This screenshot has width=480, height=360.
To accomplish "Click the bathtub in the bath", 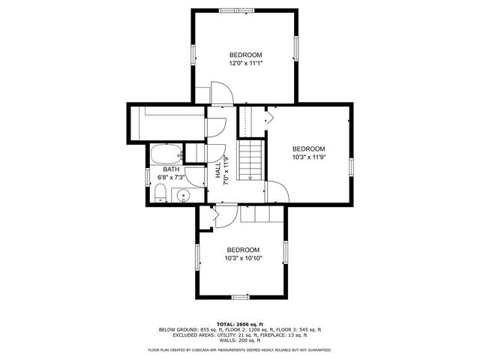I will [166, 154].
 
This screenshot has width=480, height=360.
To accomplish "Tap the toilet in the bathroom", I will [160, 195].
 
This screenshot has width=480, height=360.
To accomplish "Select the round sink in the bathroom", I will [184, 196].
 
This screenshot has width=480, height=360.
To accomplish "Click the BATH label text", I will [171, 169].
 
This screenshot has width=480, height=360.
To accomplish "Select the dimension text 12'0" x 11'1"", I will [245, 64].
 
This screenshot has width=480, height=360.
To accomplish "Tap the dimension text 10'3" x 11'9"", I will [308, 157].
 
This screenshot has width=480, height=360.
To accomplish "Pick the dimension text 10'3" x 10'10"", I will [243, 258].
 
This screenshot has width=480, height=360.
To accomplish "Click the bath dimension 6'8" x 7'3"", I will [171, 178].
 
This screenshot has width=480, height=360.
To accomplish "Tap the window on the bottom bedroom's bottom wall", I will [240, 297].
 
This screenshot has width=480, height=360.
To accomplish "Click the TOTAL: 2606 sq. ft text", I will [239, 323].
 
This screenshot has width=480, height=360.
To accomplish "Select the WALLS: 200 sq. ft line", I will [239, 340].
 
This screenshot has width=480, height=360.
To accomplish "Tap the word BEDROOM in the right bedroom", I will [308, 148].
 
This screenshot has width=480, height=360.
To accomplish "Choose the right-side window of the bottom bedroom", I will [285, 253].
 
